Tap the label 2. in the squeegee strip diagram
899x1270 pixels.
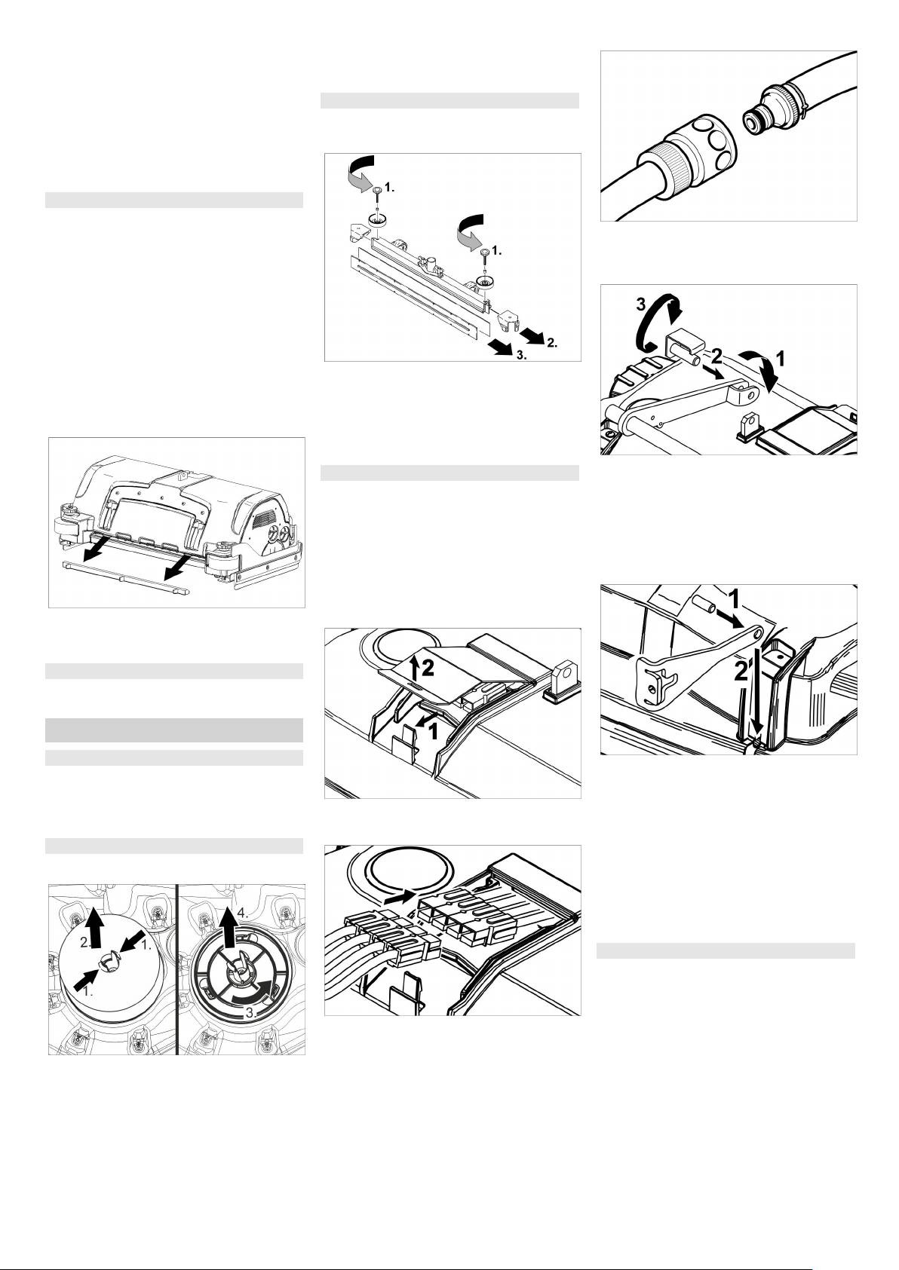[552, 342]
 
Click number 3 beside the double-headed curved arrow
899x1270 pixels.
[641, 304]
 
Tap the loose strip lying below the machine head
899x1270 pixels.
[125, 578]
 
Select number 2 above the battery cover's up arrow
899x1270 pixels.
[428, 669]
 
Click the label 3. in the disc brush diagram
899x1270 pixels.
[252, 1013]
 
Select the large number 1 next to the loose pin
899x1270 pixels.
[733, 598]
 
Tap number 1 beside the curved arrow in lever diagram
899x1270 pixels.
[780, 358]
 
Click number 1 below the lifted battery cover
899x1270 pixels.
[432, 732]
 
